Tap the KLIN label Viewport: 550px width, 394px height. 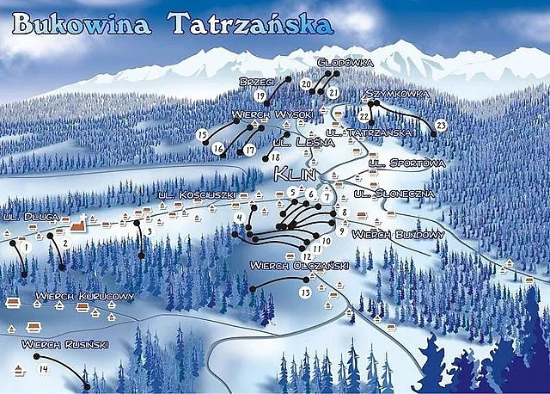(296, 175)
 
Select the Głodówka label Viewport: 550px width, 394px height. (344, 63)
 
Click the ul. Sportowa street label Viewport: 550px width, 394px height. (406, 163)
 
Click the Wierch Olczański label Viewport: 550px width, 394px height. (298, 266)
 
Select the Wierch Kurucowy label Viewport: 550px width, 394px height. (84, 297)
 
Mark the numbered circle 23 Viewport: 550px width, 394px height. (441, 126)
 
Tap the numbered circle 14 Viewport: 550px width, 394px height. (44, 370)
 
